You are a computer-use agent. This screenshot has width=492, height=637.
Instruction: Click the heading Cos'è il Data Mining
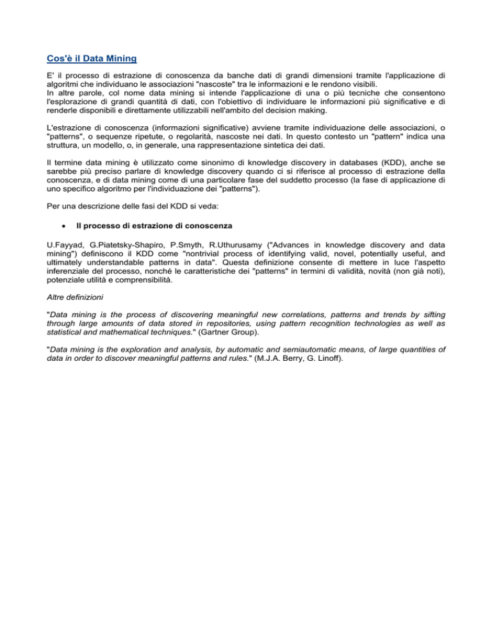point(92,59)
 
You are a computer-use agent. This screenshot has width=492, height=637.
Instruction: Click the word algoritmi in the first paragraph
point(65,83)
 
